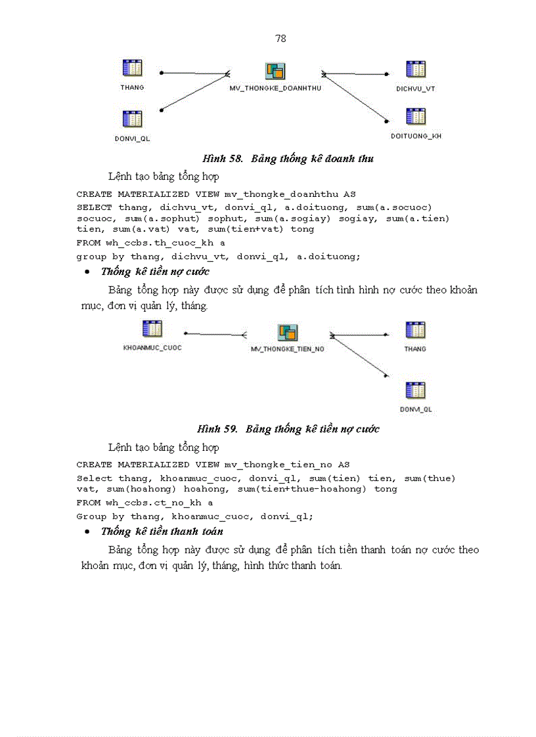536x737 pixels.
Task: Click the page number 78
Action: (280, 39)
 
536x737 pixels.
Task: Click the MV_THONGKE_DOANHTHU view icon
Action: (275, 72)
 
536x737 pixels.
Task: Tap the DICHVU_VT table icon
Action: (416, 70)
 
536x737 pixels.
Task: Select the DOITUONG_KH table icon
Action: (416, 117)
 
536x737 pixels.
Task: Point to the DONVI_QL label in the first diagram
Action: (132, 138)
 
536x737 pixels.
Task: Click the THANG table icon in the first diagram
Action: (133, 68)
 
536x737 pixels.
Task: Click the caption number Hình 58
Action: (223, 159)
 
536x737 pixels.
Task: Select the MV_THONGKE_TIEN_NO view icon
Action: (288, 333)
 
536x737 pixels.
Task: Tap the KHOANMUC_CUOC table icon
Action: (152, 329)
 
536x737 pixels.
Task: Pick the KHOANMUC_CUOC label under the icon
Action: (152, 347)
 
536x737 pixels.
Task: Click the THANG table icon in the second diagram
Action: (415, 330)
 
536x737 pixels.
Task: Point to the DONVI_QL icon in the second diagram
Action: (415, 390)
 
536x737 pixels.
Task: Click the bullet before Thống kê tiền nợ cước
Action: (87, 272)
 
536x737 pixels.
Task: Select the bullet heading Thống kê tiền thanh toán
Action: (162, 532)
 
